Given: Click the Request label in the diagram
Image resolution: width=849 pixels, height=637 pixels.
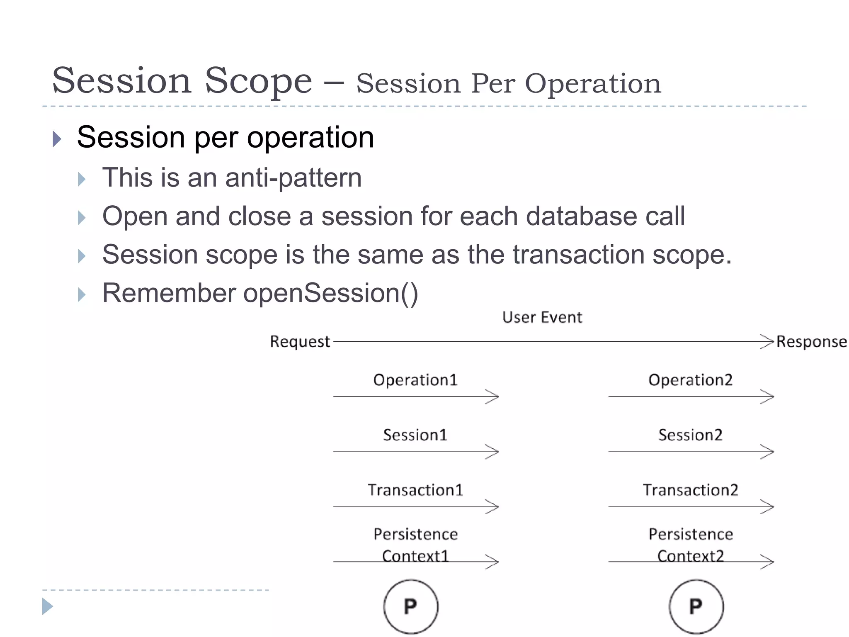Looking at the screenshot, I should pyautogui.click(x=300, y=342).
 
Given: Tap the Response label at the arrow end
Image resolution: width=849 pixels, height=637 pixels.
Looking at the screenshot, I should pyautogui.click(x=811, y=342).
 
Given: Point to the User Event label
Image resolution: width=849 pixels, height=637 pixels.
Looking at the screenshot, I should pyautogui.click(x=542, y=318).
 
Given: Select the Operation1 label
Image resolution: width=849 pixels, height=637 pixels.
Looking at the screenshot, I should pyautogui.click(x=415, y=380).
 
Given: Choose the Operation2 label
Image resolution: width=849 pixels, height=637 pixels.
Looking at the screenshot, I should pyautogui.click(x=690, y=380).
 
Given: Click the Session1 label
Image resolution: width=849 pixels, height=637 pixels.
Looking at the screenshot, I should pyautogui.click(x=415, y=435).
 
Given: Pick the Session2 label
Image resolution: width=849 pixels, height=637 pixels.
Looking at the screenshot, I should pyautogui.click(x=690, y=435).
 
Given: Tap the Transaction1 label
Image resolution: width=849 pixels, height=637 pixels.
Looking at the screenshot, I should pyautogui.click(x=415, y=490).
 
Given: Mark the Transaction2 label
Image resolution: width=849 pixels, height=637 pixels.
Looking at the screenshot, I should pyautogui.click(x=690, y=490).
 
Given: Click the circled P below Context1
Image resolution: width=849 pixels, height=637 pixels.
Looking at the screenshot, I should pyautogui.click(x=410, y=607).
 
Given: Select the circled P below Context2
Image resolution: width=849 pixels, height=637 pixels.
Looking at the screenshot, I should pyautogui.click(x=696, y=607).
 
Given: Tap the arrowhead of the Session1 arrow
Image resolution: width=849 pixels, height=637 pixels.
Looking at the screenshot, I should pyautogui.click(x=492, y=452).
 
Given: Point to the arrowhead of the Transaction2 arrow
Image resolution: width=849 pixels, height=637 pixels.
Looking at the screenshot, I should pyautogui.click(x=768, y=507).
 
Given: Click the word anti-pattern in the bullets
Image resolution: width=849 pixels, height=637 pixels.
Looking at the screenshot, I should pyautogui.click(x=293, y=178).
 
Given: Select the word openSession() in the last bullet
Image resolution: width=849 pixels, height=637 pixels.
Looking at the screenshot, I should pyautogui.click(x=330, y=293).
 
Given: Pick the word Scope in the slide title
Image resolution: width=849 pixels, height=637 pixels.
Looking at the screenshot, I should pyautogui.click(x=258, y=80).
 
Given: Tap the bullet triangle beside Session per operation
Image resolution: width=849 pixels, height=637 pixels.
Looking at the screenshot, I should pyautogui.click(x=57, y=139).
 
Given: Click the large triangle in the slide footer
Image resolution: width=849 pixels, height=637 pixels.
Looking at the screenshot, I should pyautogui.click(x=47, y=606).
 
